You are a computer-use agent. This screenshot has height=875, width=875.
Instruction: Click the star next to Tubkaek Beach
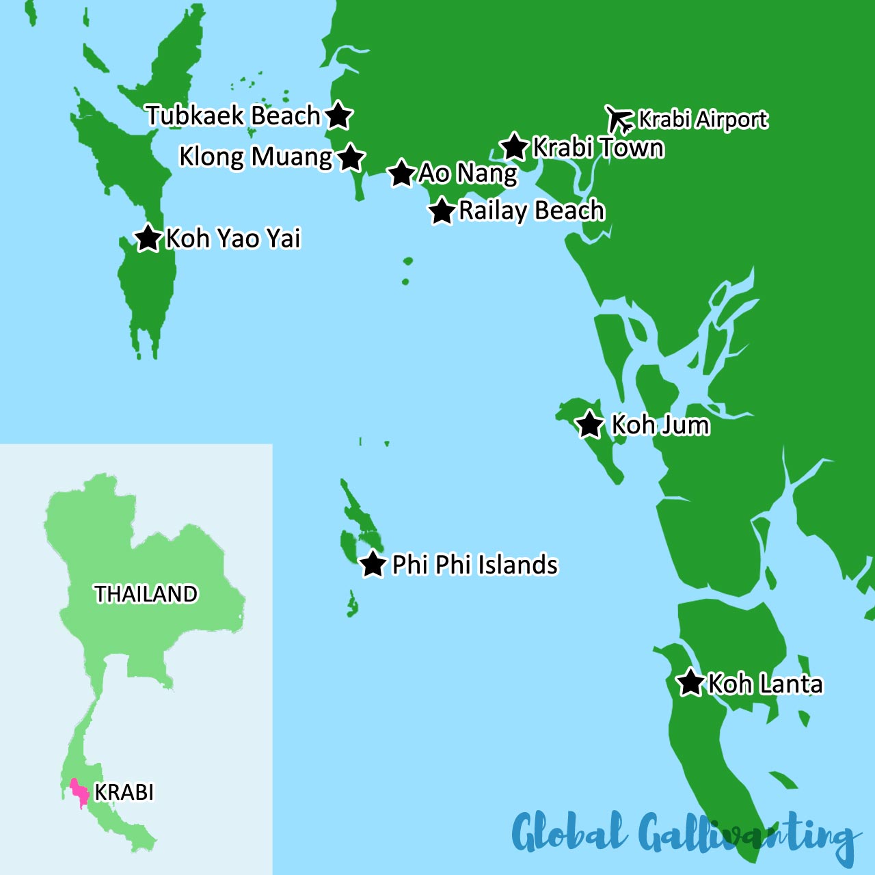338,116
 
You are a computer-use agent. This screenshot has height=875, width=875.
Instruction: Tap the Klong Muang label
255,157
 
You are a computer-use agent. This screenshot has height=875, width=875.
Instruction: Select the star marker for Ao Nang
401,173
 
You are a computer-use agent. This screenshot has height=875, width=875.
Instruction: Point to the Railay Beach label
531,211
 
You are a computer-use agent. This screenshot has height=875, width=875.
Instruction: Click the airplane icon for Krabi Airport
619,119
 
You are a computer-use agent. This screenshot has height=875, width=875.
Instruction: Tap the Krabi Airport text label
703,120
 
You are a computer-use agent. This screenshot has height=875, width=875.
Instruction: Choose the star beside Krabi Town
514,146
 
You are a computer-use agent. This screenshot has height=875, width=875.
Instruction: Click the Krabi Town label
598,148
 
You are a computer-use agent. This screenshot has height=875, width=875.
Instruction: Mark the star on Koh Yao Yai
148,238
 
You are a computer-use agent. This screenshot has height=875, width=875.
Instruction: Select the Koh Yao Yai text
233,239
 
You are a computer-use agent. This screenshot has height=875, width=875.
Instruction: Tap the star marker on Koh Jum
589,425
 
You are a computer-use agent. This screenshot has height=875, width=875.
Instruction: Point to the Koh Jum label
660,425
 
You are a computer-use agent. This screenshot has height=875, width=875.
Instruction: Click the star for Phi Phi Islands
373,564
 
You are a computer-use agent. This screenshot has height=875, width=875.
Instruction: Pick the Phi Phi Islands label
474,565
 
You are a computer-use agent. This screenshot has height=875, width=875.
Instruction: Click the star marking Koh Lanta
690,682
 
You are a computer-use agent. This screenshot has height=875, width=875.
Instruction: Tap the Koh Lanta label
765,684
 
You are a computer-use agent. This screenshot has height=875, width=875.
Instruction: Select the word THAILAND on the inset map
146,594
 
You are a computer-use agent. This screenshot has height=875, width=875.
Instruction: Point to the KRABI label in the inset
124,792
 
